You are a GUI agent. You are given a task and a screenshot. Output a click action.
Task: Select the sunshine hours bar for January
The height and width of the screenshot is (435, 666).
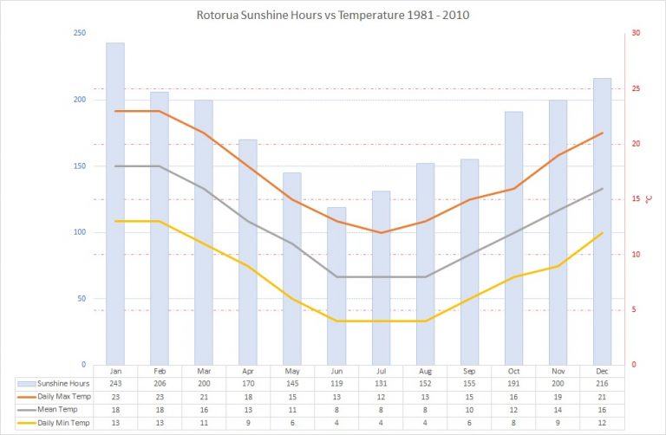click(x=115, y=204)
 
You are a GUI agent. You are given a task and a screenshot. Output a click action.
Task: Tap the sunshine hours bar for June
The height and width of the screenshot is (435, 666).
click(x=336, y=286)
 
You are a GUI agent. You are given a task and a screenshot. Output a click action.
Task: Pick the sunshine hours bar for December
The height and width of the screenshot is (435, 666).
click(x=602, y=221)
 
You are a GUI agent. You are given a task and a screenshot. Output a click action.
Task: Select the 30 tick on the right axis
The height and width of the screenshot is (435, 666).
click(x=636, y=33)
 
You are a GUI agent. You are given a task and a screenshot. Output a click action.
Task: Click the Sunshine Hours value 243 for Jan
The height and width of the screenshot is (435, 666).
click(x=115, y=383)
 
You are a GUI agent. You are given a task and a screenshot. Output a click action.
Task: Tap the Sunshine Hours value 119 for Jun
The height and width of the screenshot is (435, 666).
click(x=336, y=383)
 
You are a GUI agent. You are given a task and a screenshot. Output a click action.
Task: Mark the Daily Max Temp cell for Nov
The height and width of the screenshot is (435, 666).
click(x=558, y=396)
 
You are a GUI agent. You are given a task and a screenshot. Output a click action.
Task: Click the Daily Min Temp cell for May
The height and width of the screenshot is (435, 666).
click(x=292, y=423)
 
